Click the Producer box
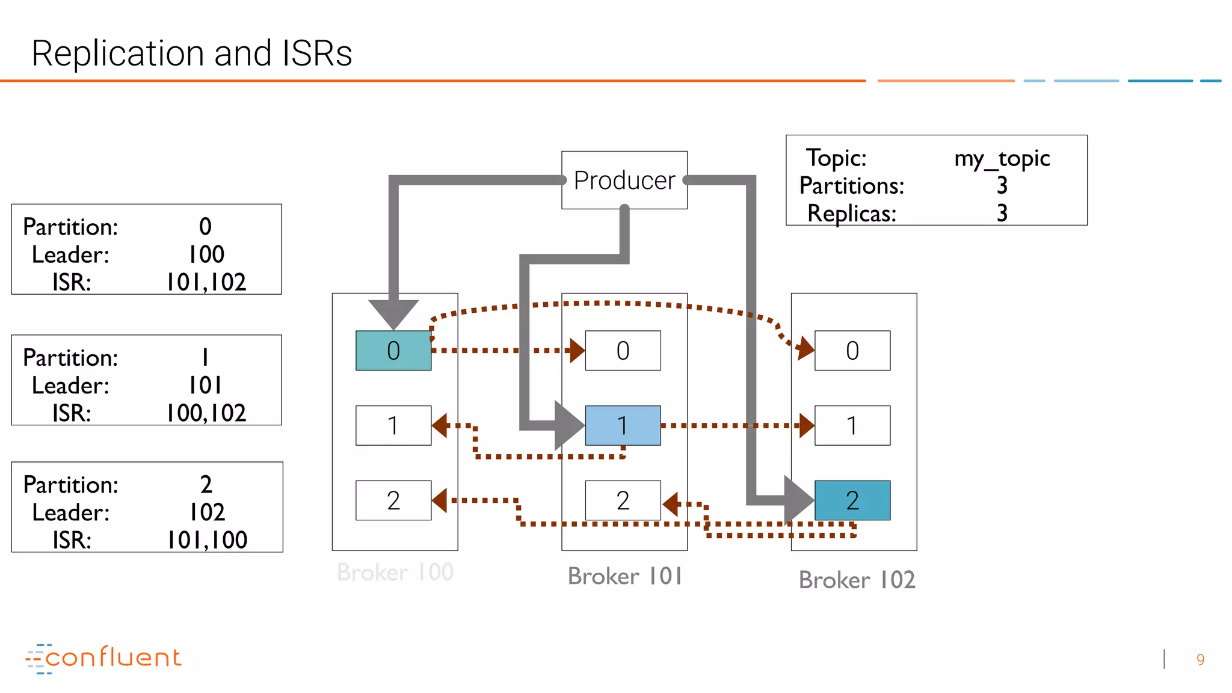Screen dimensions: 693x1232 click(624, 180)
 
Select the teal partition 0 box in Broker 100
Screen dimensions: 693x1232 click(393, 350)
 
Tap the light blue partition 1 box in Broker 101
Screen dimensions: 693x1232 click(623, 425)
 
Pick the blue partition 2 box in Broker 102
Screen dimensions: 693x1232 click(852, 500)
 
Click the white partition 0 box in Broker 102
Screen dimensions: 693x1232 click(852, 350)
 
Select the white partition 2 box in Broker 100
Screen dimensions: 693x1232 click(393, 500)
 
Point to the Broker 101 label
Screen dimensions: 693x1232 click(625, 576)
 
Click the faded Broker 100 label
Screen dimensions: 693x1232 click(395, 571)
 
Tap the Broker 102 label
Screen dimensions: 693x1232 click(857, 580)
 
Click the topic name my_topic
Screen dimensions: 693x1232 click(1002, 158)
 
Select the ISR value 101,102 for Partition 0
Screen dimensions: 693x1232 click(206, 282)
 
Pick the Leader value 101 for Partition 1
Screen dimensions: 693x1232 click(206, 385)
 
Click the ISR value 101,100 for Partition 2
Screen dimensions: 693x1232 click(207, 540)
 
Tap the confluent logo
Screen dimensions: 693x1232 click(103, 658)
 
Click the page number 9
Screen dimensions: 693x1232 click(1200, 660)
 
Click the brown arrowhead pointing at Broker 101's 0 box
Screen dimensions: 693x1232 click(577, 350)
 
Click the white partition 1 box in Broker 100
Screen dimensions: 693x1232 click(393, 425)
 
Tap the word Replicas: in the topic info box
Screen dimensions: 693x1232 click(851, 213)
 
